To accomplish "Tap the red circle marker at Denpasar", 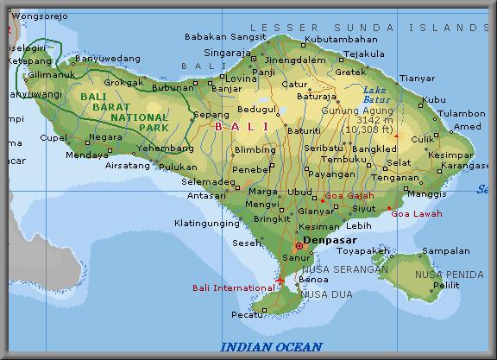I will pos(299,245).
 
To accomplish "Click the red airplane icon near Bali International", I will pos(280,281).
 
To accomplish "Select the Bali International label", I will pos(233,287).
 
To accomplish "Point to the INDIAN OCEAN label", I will pos(272,347).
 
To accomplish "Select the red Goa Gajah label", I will pos(345,196).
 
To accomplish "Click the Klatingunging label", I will pos(207,224).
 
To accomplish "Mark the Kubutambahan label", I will pos(342,39).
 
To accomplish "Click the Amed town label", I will pos(467,127).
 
